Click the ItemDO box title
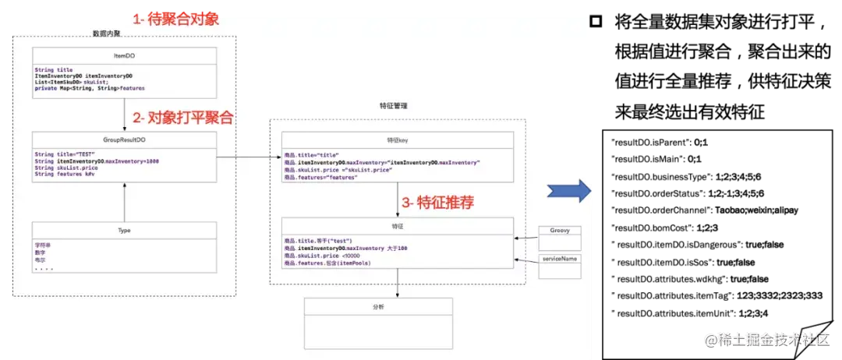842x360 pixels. pyautogui.click(x=125, y=56)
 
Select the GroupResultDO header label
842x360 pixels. pyautogui.click(x=125, y=140)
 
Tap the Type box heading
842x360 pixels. pyautogui.click(x=125, y=230)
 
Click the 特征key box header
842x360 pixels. pyautogui.click(x=397, y=140)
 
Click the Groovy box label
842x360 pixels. pyautogui.click(x=560, y=231)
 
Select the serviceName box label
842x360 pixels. pyautogui.click(x=560, y=258)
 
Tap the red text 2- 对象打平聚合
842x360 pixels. pyautogui.click(x=182, y=118)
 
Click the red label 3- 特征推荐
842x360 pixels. pyautogui.click(x=437, y=201)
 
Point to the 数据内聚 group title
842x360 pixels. pyautogui.click(x=107, y=33)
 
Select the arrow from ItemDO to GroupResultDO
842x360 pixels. pyautogui.click(x=125, y=116)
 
